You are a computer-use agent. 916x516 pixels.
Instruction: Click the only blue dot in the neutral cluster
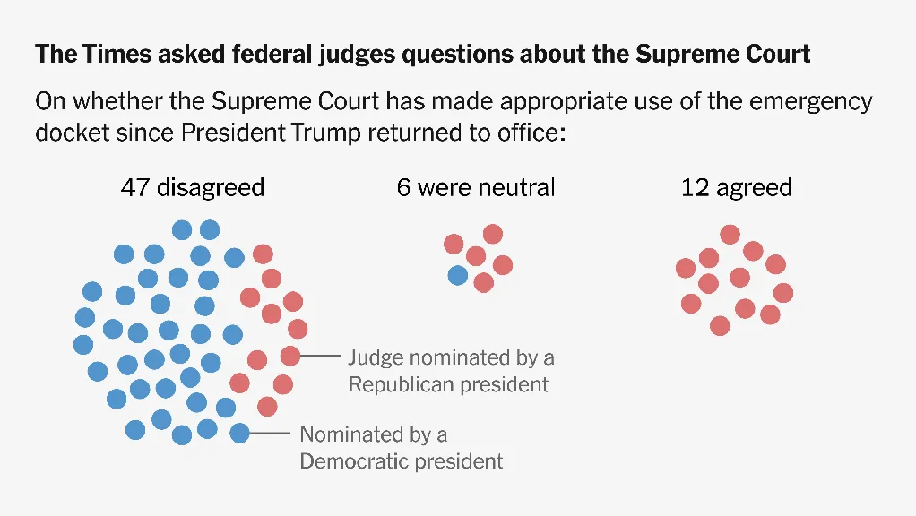click(457, 275)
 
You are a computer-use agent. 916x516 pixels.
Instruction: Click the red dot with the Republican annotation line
click(289, 356)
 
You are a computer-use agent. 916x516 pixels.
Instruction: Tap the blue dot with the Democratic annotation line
click(239, 434)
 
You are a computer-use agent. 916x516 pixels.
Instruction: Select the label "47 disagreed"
click(193, 187)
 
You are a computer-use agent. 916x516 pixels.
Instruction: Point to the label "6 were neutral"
click(476, 187)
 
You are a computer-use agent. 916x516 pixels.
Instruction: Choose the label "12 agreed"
click(737, 187)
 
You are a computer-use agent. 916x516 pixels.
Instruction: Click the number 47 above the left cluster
click(134, 187)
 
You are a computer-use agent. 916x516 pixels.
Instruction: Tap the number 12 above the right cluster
click(695, 187)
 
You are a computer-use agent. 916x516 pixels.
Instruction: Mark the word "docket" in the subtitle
click(70, 133)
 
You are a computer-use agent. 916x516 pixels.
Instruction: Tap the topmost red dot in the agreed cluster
click(730, 235)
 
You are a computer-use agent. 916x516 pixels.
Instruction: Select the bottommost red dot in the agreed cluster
click(720, 325)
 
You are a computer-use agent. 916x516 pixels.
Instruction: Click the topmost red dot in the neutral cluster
click(493, 235)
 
